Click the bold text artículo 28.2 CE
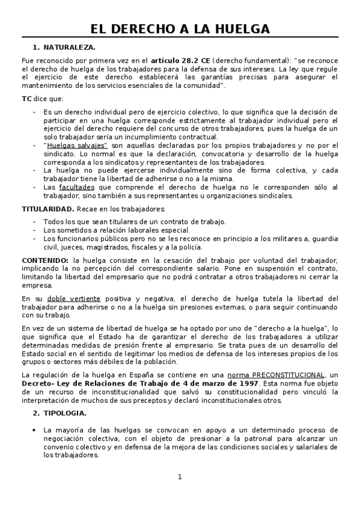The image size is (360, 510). click(180, 60)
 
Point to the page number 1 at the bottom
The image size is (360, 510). click(179, 477)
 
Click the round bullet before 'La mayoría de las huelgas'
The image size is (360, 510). click(35, 430)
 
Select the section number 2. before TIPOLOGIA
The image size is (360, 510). click(35, 413)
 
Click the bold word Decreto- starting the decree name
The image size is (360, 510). click(38, 384)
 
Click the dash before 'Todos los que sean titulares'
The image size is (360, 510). click(35, 221)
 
